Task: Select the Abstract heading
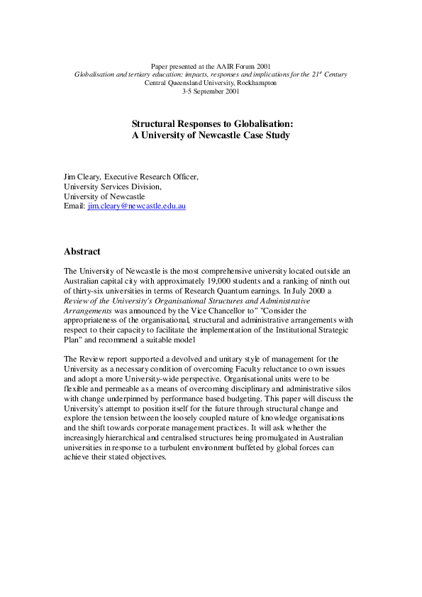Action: pyautogui.click(x=82, y=252)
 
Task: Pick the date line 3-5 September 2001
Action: pyautogui.click(x=211, y=91)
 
